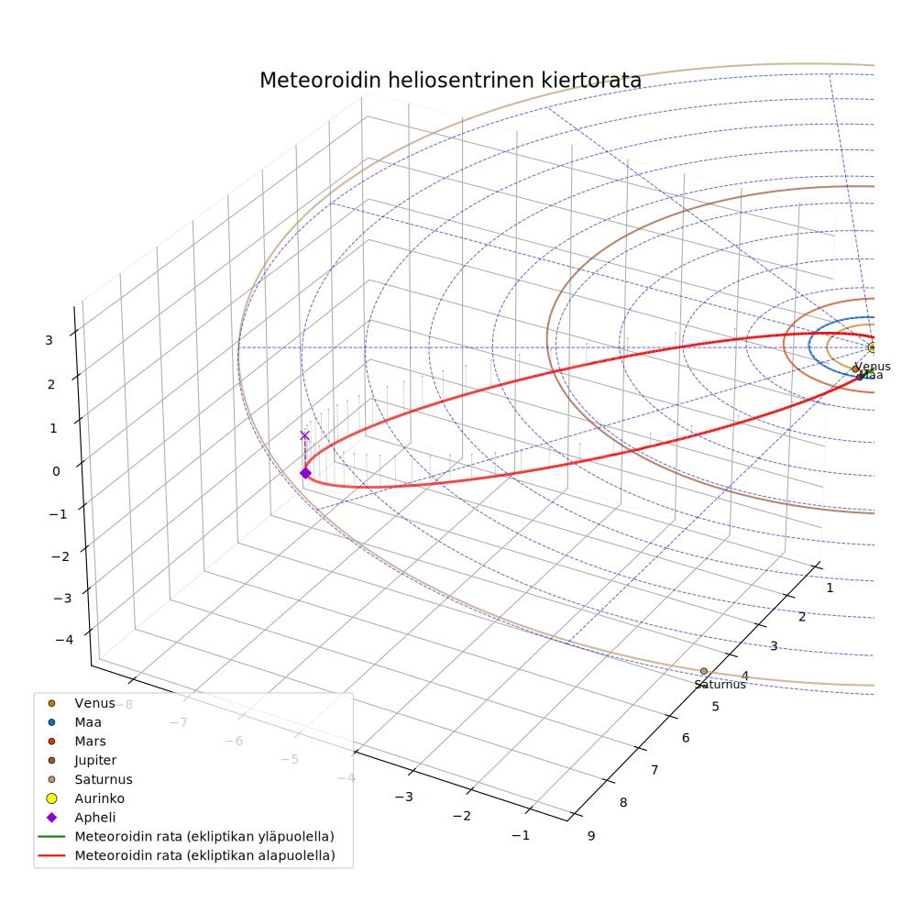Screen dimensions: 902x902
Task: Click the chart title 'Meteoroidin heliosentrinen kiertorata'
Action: pos(450,81)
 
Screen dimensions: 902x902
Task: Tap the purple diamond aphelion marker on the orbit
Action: pos(305,473)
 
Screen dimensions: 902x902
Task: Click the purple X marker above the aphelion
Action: pos(305,435)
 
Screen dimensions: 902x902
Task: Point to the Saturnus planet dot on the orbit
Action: pos(703,671)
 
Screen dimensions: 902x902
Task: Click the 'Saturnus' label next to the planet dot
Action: pos(720,685)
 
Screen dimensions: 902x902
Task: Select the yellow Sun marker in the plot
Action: pos(872,347)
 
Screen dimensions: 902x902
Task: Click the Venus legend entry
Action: pos(82,703)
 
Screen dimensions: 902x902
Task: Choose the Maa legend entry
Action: pos(74,722)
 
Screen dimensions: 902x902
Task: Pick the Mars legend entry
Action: pos(76,741)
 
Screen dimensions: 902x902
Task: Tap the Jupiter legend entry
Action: pos(82,760)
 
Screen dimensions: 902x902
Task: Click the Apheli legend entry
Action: pos(81,818)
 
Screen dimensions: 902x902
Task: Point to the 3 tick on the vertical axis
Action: pos(49,340)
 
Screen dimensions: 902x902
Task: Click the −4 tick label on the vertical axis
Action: pos(64,639)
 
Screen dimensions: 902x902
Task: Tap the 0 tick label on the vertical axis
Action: pos(56,471)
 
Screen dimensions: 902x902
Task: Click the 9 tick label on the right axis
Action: pos(591,836)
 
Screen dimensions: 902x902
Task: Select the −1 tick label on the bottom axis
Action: pos(521,835)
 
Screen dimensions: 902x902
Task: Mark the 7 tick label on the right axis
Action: pos(654,770)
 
